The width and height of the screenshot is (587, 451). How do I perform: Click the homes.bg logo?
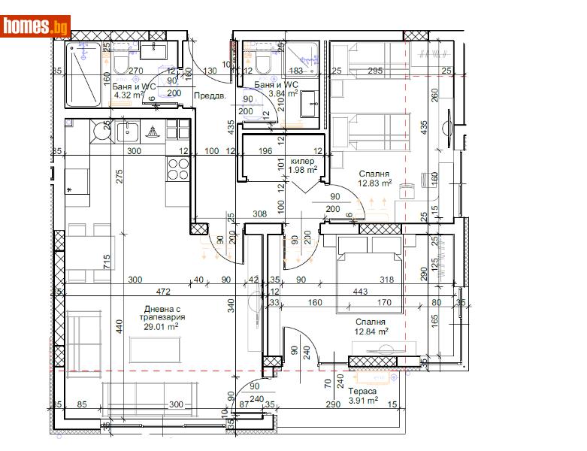point(36,26)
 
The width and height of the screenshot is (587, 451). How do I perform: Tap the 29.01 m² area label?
point(162,327)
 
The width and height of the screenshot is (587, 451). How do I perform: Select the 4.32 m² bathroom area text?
point(131,95)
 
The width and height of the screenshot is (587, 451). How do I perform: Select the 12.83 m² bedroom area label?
point(374,183)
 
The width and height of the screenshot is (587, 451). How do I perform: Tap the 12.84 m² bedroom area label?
point(371,330)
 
